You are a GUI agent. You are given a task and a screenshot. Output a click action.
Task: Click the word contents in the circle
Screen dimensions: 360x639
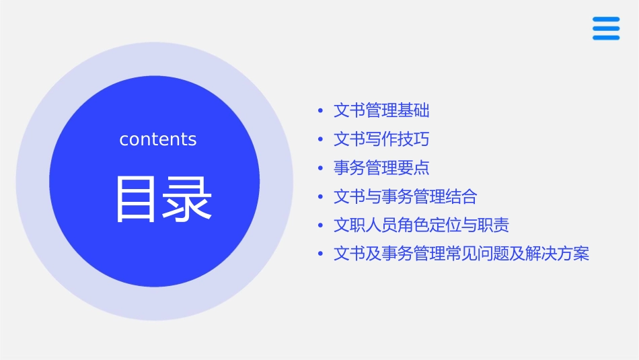pyautogui.click(x=157, y=139)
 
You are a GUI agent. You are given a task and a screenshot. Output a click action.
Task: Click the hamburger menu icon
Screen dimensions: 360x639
pyautogui.click(x=605, y=28)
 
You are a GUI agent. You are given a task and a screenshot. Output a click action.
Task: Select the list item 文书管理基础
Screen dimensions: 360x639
pyautogui.click(x=381, y=110)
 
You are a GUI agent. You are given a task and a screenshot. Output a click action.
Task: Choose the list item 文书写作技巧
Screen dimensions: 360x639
pyautogui.click(x=381, y=139)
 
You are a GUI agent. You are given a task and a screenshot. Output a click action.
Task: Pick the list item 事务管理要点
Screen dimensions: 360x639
pyautogui.click(x=381, y=168)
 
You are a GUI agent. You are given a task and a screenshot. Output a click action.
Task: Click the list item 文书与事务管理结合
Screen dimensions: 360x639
pyautogui.click(x=405, y=196)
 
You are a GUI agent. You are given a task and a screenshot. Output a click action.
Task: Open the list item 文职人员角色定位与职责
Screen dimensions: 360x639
pyautogui.click(x=416, y=225)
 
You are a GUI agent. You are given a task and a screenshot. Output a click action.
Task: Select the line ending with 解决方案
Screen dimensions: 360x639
pyautogui.click(x=461, y=254)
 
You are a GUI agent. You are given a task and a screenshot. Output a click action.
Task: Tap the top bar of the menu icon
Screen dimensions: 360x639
pyautogui.click(x=605, y=19)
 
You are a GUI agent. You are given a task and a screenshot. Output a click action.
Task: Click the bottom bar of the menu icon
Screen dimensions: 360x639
pyautogui.click(x=605, y=38)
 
